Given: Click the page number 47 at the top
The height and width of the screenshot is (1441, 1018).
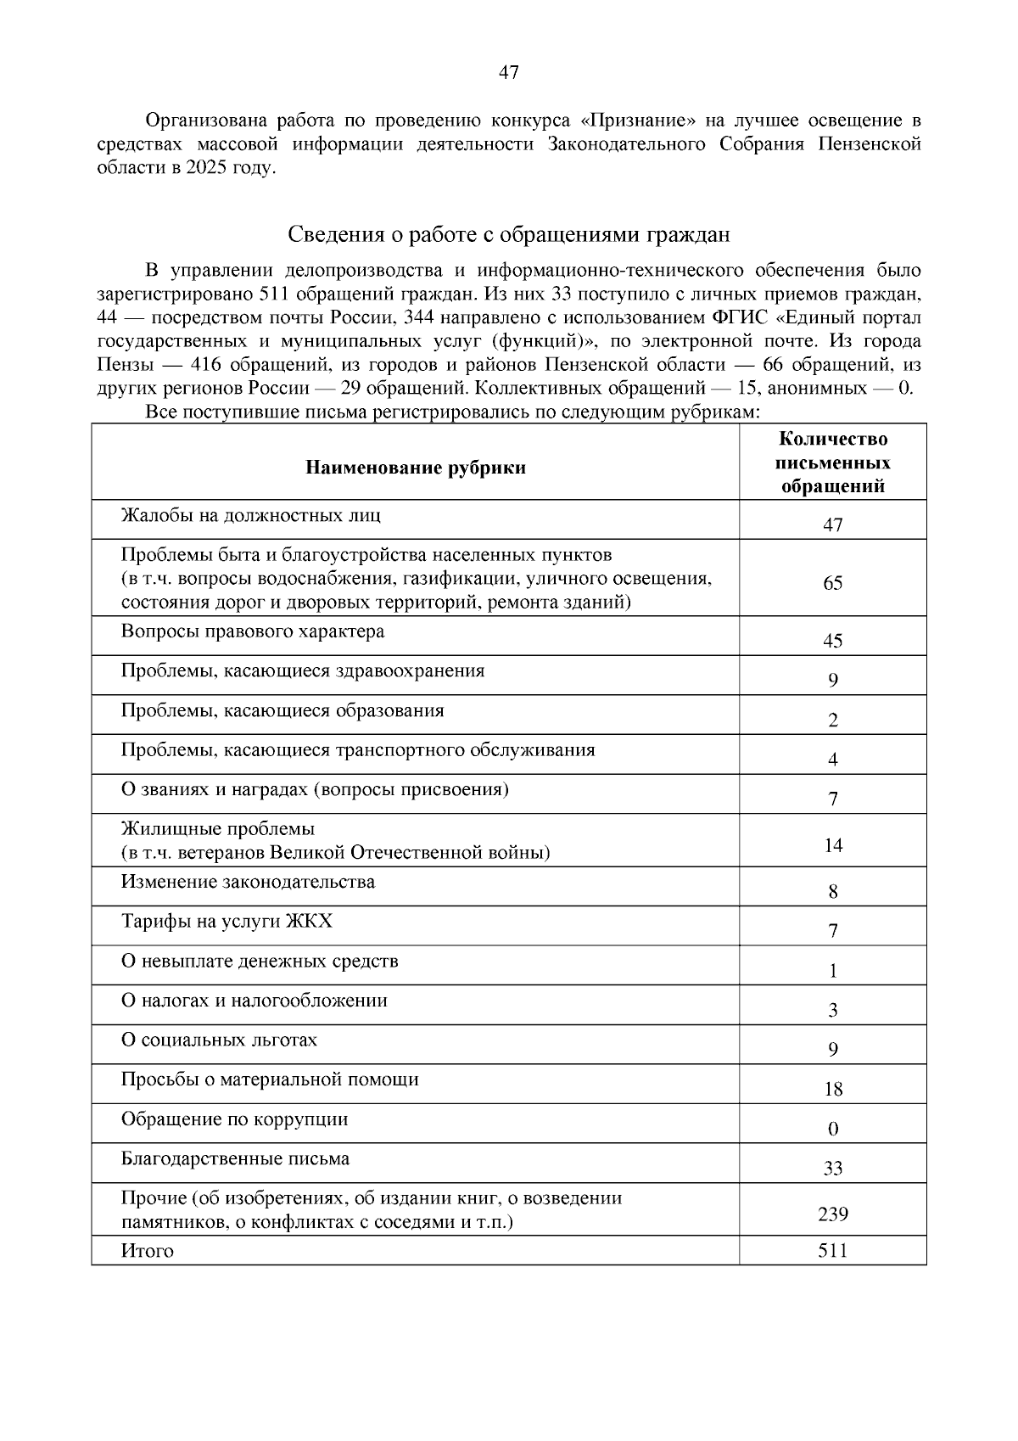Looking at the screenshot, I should click(x=508, y=72).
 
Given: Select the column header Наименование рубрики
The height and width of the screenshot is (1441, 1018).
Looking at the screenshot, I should click(x=416, y=468).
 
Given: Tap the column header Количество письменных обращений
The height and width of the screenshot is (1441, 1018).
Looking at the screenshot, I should click(x=832, y=463).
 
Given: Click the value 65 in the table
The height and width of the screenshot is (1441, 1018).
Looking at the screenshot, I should click(x=832, y=583).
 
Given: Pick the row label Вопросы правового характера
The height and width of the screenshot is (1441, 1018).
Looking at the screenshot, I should click(x=253, y=631).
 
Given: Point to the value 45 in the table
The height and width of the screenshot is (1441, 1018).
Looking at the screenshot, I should click(x=832, y=641).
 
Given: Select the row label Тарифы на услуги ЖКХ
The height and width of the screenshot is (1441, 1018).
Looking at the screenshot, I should click(x=227, y=921).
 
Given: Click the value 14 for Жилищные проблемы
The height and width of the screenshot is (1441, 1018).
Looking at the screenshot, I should click(x=832, y=845).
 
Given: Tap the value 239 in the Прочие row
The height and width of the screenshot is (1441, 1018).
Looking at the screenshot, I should click(x=832, y=1214).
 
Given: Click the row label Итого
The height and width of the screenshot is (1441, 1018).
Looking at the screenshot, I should click(x=148, y=1251).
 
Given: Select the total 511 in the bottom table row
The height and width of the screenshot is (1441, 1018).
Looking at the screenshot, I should click(x=832, y=1250).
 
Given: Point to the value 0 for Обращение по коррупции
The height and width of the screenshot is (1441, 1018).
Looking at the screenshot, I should click(x=832, y=1129).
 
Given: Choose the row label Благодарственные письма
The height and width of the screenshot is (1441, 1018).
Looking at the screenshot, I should click(x=235, y=1158).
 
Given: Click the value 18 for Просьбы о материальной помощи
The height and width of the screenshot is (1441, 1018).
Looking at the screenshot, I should click(x=832, y=1089).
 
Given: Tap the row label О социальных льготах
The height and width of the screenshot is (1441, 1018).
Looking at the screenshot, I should click(x=219, y=1040).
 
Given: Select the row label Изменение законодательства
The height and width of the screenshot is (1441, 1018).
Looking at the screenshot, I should click(x=248, y=882).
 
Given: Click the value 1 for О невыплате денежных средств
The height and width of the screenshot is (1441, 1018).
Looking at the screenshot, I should click(x=832, y=971).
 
